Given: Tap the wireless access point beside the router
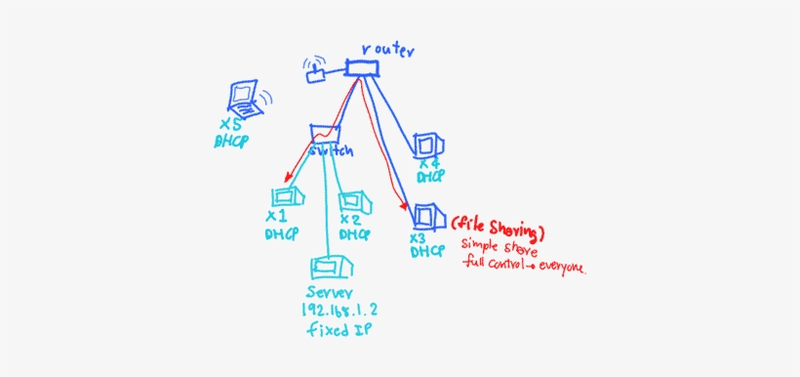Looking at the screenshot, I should pyautogui.click(x=317, y=73).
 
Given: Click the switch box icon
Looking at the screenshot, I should pyautogui.click(x=324, y=133).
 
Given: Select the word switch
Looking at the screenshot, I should pyautogui.click(x=331, y=151).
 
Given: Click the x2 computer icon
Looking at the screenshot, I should pyautogui.click(x=352, y=202).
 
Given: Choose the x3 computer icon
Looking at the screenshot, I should pyautogui.click(x=426, y=215).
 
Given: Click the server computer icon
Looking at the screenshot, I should pyautogui.click(x=329, y=267).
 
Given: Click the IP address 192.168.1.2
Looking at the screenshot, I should pyautogui.click(x=336, y=312).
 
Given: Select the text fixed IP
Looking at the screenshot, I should pyautogui.click(x=336, y=331).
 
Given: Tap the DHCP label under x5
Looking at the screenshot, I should pyautogui.click(x=232, y=142).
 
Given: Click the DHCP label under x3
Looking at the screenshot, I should pyautogui.click(x=426, y=252).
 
